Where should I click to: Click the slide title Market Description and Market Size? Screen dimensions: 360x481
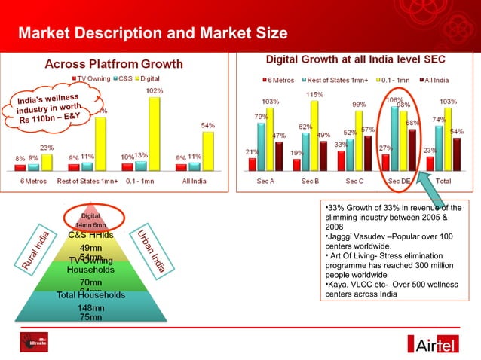(152, 33)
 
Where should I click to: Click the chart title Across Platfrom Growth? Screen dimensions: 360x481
(115, 64)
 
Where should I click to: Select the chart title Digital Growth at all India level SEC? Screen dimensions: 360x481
(355, 59)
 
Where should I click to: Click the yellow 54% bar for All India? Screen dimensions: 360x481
(207, 149)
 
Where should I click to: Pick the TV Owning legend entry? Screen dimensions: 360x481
(92, 78)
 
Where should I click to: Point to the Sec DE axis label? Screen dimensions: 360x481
(399, 182)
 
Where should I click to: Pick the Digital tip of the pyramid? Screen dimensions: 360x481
(91, 215)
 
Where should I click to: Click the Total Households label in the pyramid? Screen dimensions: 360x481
(91, 294)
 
